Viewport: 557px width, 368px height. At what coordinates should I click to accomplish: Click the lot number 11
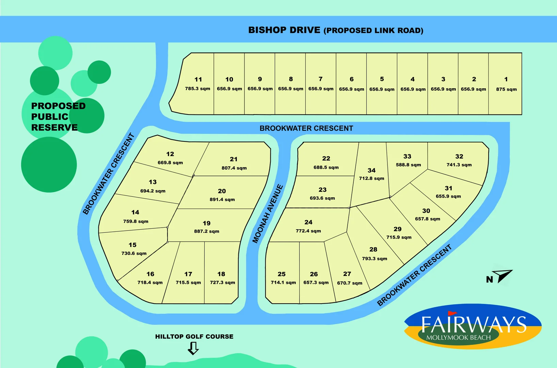[x=198, y=79]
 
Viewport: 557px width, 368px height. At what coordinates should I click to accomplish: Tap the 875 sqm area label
[x=506, y=89]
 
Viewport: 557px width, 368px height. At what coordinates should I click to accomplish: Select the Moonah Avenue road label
[x=268, y=214]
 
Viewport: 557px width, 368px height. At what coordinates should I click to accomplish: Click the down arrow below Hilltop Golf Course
[x=193, y=348]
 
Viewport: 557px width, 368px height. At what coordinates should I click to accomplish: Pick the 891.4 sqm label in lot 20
[x=222, y=200]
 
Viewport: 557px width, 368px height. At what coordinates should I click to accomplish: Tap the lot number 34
[x=371, y=170]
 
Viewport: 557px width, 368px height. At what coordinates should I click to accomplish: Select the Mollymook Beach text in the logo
[x=458, y=338]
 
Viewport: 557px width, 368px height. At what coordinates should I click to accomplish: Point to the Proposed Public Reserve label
[x=58, y=117]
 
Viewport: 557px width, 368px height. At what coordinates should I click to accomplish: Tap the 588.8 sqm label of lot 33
[x=408, y=165]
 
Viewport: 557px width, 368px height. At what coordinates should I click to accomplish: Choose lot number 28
[x=373, y=249]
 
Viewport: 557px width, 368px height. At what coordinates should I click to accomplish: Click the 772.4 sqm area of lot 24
[x=308, y=231]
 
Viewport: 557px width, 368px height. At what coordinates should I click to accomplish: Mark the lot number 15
[x=132, y=245]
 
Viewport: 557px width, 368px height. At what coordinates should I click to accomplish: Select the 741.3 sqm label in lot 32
[x=459, y=165]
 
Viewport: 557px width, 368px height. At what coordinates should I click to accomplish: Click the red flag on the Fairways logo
[x=451, y=313]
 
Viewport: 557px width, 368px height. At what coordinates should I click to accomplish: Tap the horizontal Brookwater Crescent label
[x=306, y=128]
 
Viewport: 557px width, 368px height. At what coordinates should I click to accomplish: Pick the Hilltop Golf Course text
[x=194, y=337]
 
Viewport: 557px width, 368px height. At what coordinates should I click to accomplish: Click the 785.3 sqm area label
[x=197, y=89]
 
